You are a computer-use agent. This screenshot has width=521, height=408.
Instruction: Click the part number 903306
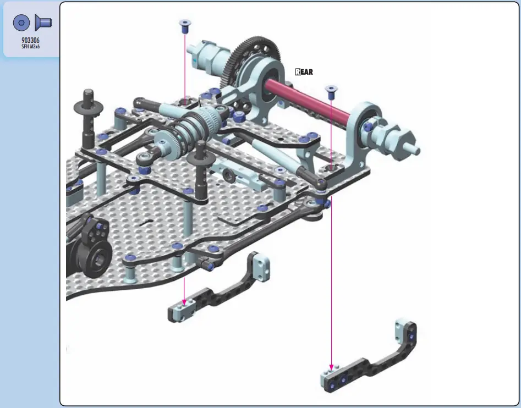30,40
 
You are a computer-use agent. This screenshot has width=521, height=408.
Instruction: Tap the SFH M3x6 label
31,47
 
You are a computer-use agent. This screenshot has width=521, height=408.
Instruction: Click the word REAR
304,71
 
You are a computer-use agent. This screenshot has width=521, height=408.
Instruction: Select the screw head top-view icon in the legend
21,23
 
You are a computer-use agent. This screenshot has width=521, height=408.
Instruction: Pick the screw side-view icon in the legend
43,22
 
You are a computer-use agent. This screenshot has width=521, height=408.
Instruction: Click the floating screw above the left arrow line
185,26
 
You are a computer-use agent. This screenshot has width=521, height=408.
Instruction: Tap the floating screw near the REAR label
331,92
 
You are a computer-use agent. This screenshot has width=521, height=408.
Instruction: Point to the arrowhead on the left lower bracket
184,302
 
